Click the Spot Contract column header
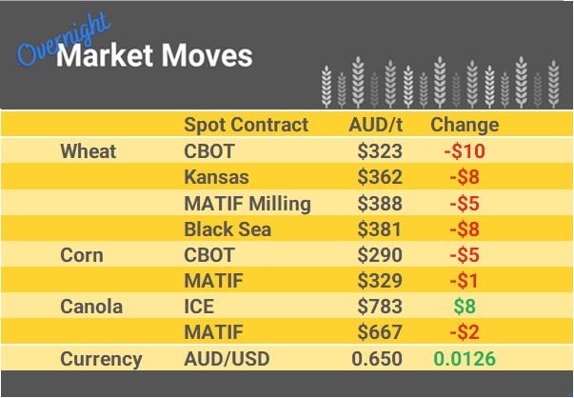click(246, 125)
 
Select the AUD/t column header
click(376, 125)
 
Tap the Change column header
click(465, 125)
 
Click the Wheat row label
click(88, 151)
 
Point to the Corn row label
click(82, 255)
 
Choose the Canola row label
click(91, 307)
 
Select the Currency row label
click(101, 359)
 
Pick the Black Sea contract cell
click(228, 229)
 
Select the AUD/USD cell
click(226, 359)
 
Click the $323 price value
click(380, 151)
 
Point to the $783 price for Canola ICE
click(380, 307)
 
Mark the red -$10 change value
click(465, 151)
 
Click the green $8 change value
click(465, 307)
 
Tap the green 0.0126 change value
click(465, 359)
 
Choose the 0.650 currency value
click(377, 359)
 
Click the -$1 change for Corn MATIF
click(465, 281)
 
